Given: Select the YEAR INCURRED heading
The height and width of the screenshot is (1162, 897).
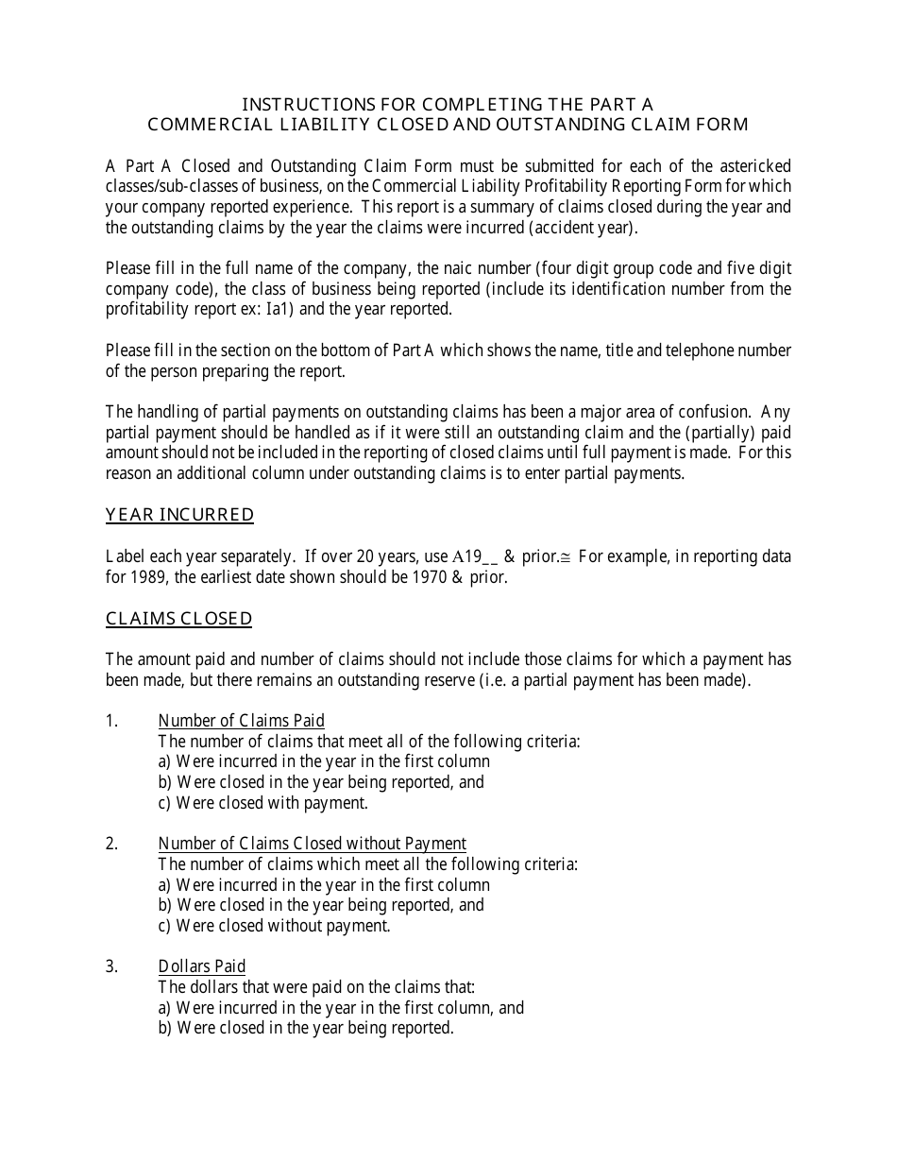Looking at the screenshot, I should click(x=179, y=515).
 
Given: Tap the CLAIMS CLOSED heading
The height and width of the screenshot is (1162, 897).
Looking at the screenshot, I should click(x=178, y=619).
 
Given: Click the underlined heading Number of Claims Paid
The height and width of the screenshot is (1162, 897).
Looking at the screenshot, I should click(x=241, y=721).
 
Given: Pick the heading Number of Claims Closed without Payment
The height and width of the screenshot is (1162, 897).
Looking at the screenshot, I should click(x=312, y=844).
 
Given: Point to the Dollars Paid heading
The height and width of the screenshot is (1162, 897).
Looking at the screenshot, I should click(x=201, y=966).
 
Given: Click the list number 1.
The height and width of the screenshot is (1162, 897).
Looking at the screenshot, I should click(x=111, y=721).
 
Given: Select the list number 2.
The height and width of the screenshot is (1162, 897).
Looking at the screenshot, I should click(x=111, y=844).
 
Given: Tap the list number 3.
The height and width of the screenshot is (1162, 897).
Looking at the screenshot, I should click(x=111, y=966).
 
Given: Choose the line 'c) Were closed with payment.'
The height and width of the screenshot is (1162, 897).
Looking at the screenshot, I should click(x=262, y=803).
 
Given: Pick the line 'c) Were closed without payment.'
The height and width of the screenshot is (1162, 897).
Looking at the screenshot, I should click(x=274, y=926).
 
